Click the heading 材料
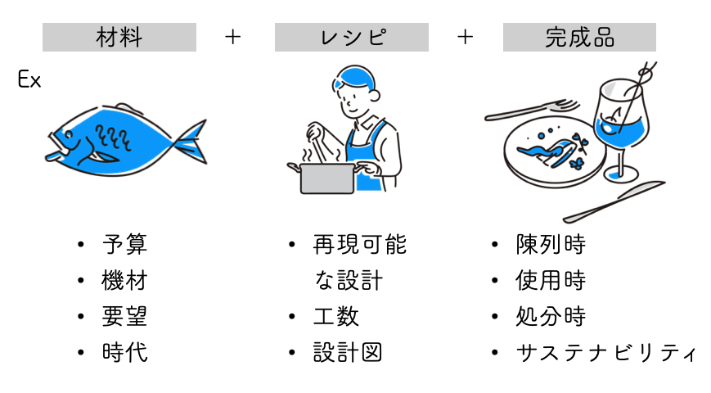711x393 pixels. [x=119, y=38]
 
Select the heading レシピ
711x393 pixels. [x=352, y=38]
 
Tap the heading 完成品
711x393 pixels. [x=579, y=38]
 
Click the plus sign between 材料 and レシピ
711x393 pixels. [x=233, y=37]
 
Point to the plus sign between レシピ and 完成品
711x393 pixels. [x=466, y=37]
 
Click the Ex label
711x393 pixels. [x=29, y=80]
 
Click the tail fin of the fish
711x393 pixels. [x=190, y=141]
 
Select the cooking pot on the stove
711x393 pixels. [x=327, y=177]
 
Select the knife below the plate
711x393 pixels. [x=601, y=202]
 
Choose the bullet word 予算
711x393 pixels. [x=124, y=245]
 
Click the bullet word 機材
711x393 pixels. [x=124, y=281]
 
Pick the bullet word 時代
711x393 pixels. [x=124, y=353]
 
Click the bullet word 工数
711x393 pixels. [x=335, y=317]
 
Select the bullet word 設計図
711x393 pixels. [x=347, y=353]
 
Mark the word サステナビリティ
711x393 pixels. [x=605, y=353]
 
